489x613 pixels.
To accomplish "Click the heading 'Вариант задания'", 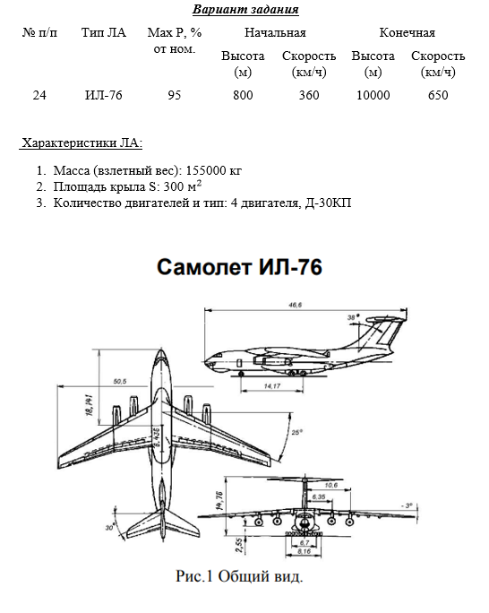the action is pyautogui.click(x=245, y=9).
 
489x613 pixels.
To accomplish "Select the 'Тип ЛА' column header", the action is pyautogui.click(x=104, y=32).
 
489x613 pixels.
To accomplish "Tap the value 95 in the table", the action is pyautogui.click(x=175, y=95).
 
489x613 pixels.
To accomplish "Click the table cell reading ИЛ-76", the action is pyautogui.click(x=104, y=95).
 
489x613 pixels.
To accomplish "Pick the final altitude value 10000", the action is pyautogui.click(x=373, y=95).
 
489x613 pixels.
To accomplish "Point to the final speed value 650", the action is pyautogui.click(x=438, y=95).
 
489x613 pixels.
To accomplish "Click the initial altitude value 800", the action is pyautogui.click(x=243, y=95).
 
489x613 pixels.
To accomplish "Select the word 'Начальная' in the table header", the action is pyautogui.click(x=275, y=32).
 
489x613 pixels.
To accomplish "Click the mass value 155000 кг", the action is pyautogui.click(x=214, y=170).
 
